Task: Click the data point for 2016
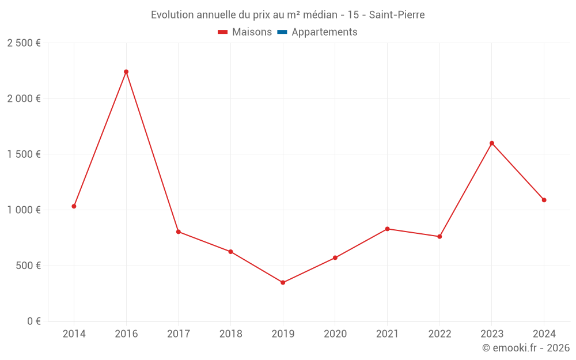(126, 72)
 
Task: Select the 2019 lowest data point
(283, 283)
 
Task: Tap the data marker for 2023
(492, 143)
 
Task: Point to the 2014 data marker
(74, 206)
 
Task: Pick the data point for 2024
(544, 200)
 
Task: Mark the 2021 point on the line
(387, 229)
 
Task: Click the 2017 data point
(179, 232)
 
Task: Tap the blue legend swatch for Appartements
(282, 32)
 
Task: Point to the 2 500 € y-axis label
(24, 43)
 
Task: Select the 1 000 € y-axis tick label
(24, 210)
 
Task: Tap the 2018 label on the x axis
(230, 334)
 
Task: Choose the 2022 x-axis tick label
(439, 334)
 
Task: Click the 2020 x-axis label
(335, 334)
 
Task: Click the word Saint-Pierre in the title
(397, 15)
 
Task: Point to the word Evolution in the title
(172, 15)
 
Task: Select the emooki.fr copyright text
(526, 348)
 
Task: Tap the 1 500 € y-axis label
(24, 154)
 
